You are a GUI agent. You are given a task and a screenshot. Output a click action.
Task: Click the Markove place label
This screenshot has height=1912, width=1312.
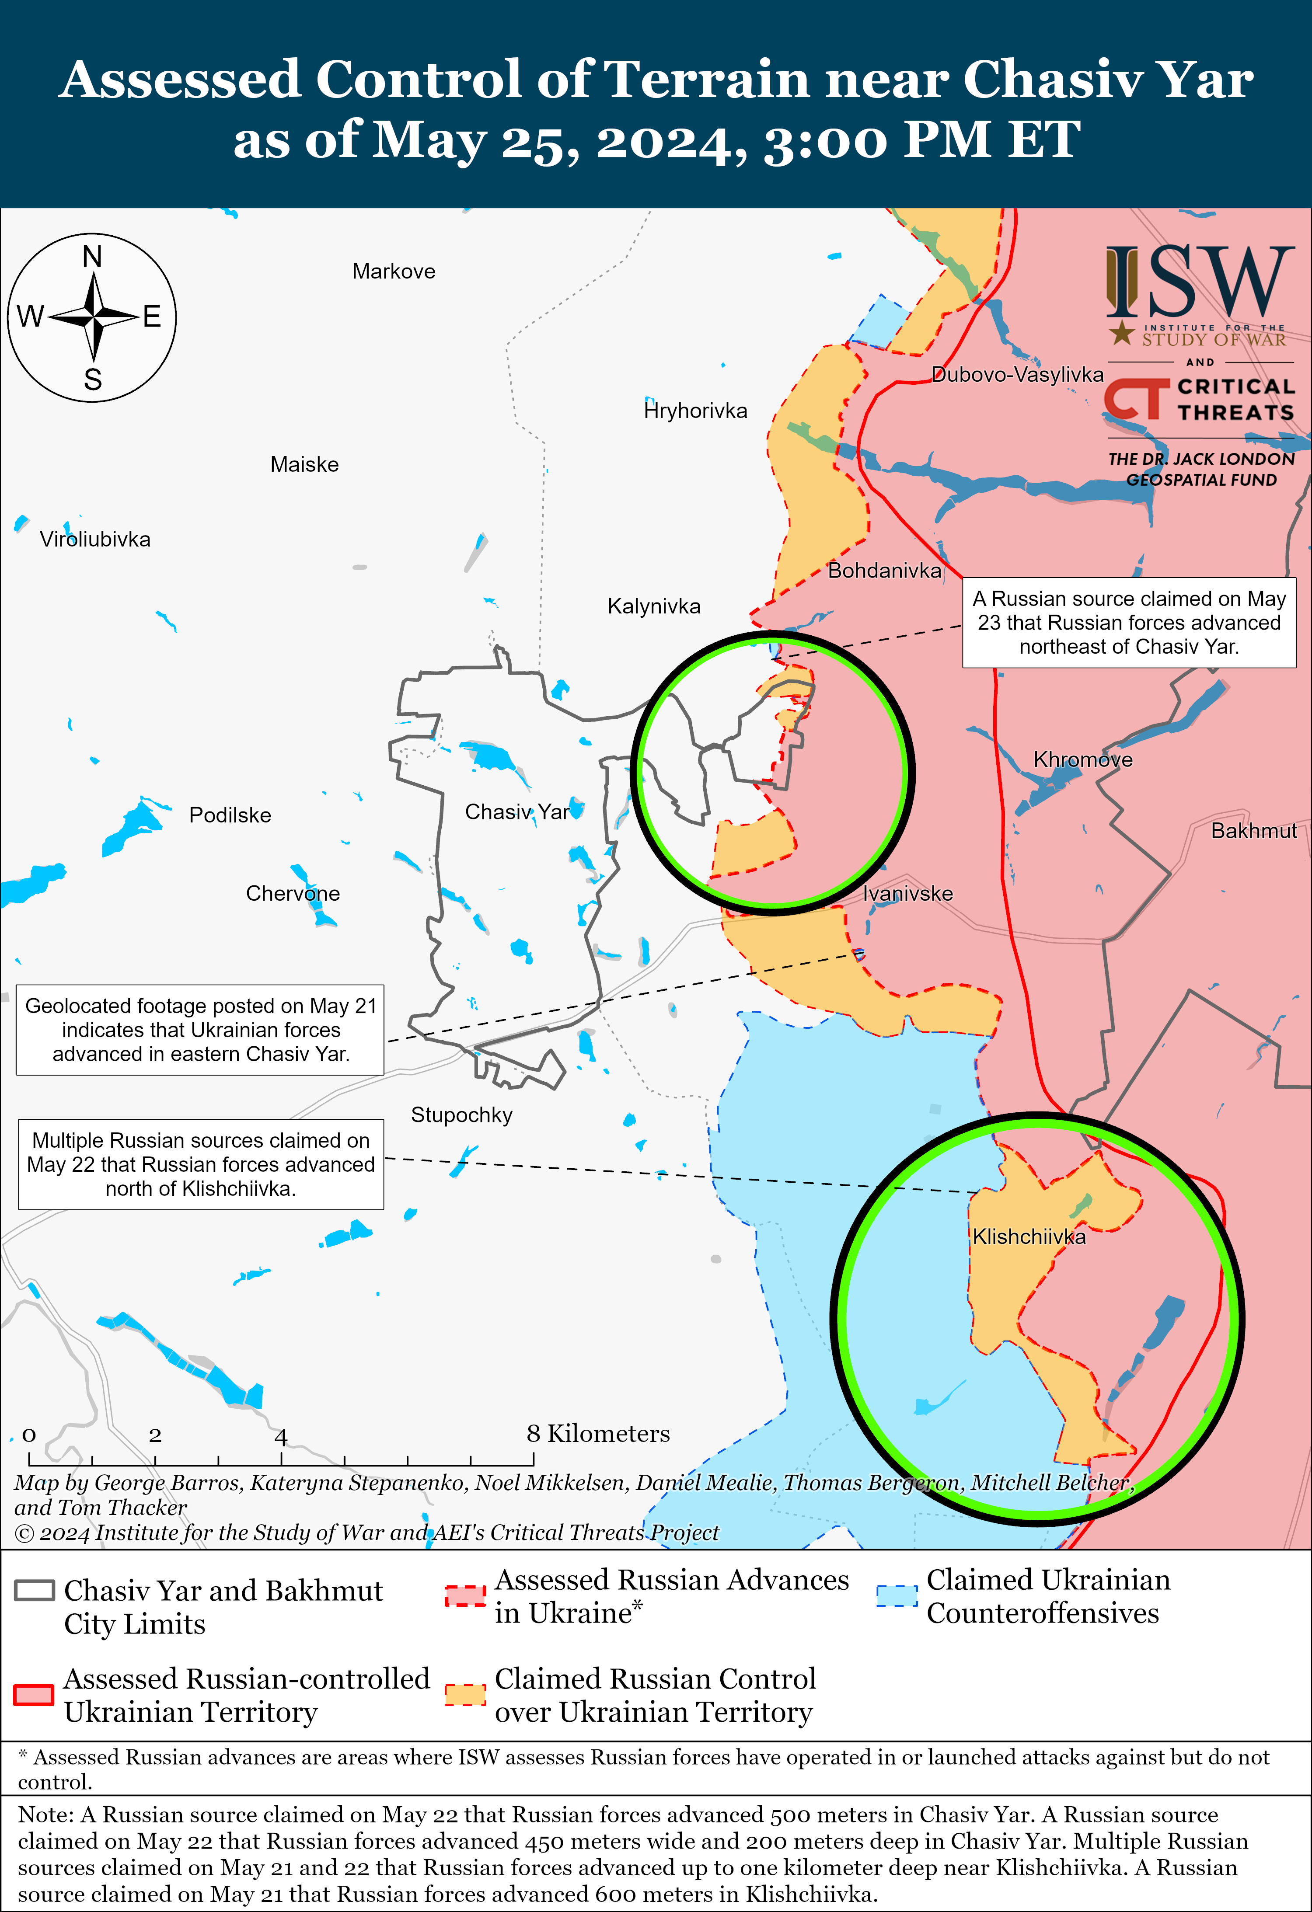tap(394, 272)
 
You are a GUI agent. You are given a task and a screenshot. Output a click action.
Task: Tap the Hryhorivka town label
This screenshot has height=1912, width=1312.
tap(695, 411)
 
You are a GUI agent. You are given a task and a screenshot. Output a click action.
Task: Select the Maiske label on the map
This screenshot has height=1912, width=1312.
tap(304, 465)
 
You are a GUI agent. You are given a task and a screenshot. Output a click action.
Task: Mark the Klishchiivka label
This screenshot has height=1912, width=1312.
tap(1029, 1236)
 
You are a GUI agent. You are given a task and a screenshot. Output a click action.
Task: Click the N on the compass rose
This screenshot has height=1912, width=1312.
tap(92, 258)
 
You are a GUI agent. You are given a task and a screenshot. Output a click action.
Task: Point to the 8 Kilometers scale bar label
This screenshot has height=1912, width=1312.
tap(598, 1434)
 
